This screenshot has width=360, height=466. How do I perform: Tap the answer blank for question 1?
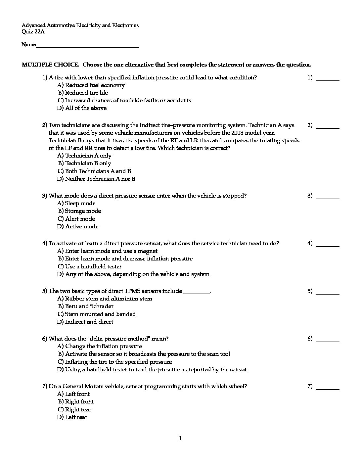[x=328, y=78]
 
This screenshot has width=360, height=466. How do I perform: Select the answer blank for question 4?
[x=328, y=244]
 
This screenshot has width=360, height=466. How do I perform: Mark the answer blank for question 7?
[x=328, y=387]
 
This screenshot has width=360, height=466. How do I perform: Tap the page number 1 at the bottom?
[x=180, y=439]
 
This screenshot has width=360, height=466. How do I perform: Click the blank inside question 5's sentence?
[x=197, y=292]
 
